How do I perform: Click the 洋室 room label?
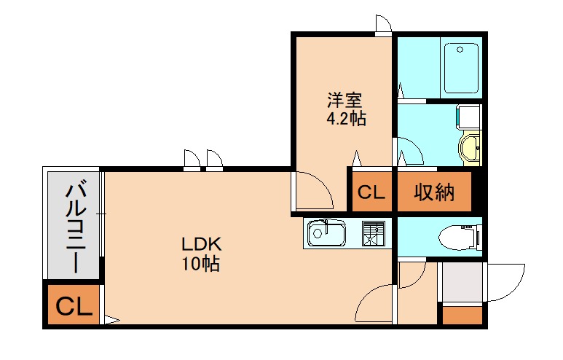coord(345,101)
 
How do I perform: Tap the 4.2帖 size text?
coord(346,119)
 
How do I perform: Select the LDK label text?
coord(202,245)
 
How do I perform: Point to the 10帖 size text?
coord(200,264)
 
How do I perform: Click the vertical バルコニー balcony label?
coord(76,228)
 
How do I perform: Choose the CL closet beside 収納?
coord(371,192)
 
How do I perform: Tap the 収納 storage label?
coord(434,192)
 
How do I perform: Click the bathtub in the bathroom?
coord(461,69)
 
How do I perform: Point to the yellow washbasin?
coord(470,148)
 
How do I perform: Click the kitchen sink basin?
coord(326,233)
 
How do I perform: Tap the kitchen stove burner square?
coord(374,233)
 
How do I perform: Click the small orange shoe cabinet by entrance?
coord(462,316)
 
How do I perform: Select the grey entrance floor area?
coord(462,282)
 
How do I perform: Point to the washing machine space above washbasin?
coord(468,117)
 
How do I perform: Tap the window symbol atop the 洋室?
coord(384,25)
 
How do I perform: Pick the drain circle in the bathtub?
coord(460,50)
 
